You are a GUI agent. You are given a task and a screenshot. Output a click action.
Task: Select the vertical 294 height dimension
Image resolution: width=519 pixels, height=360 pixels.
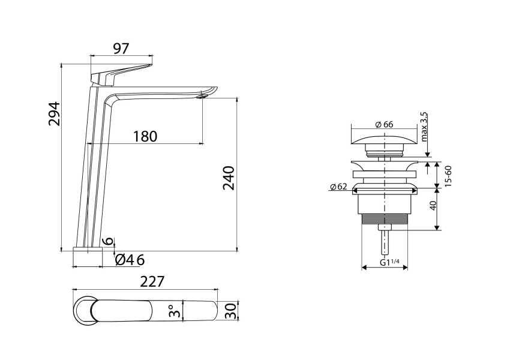click(x=55, y=113)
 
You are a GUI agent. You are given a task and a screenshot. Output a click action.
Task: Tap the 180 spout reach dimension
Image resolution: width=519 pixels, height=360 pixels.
click(x=145, y=136)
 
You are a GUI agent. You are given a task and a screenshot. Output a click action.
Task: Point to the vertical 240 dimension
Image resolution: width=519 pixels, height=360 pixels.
click(x=229, y=178)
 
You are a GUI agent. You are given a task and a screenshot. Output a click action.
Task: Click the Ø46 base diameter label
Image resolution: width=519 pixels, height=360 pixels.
click(x=130, y=260)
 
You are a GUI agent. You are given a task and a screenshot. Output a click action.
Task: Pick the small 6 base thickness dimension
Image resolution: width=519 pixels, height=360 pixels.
click(x=108, y=240)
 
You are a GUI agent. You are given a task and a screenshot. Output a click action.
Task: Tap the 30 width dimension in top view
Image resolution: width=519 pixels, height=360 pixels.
click(x=229, y=311)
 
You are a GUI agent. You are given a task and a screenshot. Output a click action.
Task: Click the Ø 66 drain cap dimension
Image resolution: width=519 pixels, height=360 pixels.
click(x=383, y=124)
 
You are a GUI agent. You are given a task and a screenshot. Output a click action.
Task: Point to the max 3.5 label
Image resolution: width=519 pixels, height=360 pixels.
click(x=424, y=127)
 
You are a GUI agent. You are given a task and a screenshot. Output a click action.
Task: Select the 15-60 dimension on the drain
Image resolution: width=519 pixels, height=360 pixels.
click(x=448, y=174)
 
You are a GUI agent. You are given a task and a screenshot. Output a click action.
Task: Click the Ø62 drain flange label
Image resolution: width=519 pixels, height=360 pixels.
click(x=338, y=187)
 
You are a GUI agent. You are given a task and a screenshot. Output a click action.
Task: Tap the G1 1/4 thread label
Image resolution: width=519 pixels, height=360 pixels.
click(x=389, y=262)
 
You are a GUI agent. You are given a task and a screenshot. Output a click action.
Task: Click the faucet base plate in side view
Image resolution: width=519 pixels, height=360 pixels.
click(x=88, y=248)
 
